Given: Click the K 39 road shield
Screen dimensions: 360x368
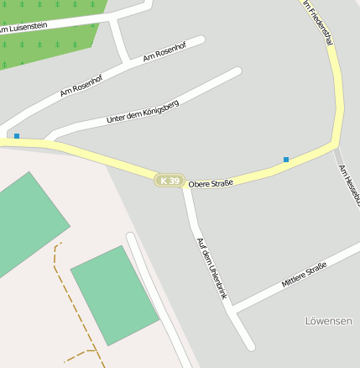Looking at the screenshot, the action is point(169,181).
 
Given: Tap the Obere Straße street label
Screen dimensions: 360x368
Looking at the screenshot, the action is point(211,183).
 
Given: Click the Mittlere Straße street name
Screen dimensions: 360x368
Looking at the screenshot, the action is point(304,274).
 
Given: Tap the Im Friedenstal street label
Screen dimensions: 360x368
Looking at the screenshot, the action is point(320,23).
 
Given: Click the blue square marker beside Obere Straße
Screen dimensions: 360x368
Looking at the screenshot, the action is point(286,159).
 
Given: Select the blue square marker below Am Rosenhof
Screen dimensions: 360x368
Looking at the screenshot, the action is point(16,135).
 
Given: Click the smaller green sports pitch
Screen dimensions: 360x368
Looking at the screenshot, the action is point(114,295).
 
